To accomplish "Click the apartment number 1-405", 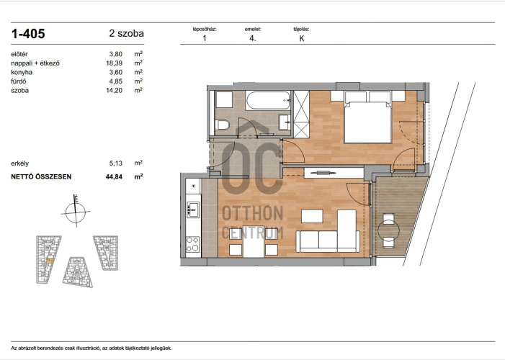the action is pyautogui.click(x=28, y=34).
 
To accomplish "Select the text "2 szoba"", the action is pyautogui.click(x=126, y=34).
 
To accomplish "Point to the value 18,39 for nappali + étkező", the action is pyautogui.click(x=115, y=63).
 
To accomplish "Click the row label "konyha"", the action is pyautogui.click(x=22, y=72).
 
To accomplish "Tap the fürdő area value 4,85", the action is pyautogui.click(x=116, y=81).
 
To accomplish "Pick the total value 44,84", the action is pyautogui.click(x=114, y=176).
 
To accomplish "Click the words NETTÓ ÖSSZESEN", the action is pyautogui.click(x=41, y=177).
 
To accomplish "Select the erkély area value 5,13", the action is pyautogui.click(x=116, y=163).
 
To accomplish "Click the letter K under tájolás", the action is pyautogui.click(x=301, y=38).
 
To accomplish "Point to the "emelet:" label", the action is pyautogui.click(x=253, y=29).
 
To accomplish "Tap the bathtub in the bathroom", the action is pyautogui.click(x=268, y=101).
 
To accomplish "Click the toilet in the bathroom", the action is pyautogui.click(x=222, y=125).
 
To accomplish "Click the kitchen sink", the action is pyautogui.click(x=193, y=210).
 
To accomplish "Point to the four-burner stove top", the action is pyautogui.click(x=193, y=244).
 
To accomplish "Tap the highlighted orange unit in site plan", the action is pyautogui.click(x=50, y=261).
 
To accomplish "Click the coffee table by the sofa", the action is pyautogui.click(x=312, y=217).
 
